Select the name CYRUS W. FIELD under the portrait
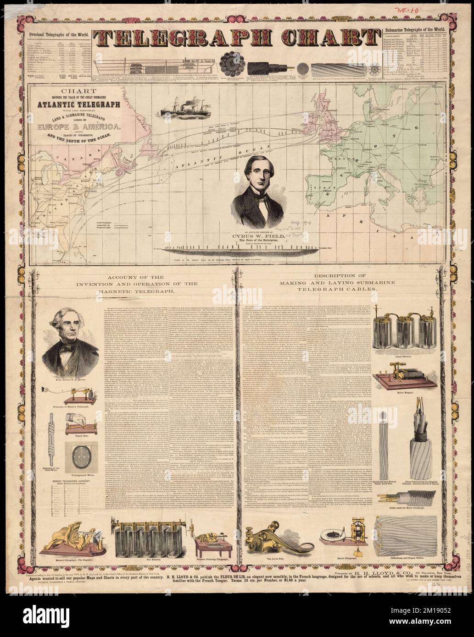coord(255,236)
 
